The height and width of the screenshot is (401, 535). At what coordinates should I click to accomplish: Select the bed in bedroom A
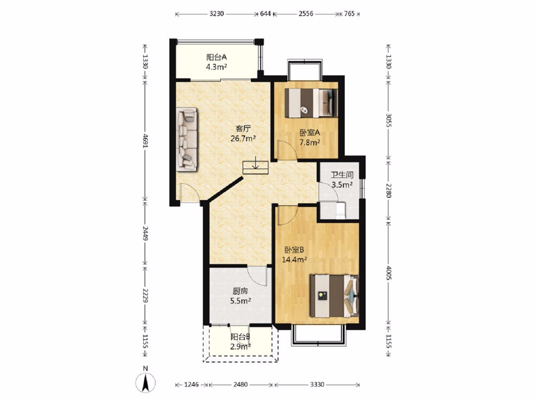(x=311, y=103)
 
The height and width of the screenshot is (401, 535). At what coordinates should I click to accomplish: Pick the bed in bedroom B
(x=334, y=296)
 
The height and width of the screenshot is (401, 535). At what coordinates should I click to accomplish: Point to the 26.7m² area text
(x=243, y=139)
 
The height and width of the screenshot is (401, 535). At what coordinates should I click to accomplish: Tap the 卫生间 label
(x=342, y=175)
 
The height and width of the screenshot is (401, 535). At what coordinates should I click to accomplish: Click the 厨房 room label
(x=240, y=291)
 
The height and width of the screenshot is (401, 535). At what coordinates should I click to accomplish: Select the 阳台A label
(x=217, y=57)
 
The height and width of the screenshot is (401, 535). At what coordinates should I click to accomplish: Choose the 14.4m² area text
(x=295, y=260)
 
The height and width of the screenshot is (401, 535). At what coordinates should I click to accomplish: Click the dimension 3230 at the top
(x=216, y=14)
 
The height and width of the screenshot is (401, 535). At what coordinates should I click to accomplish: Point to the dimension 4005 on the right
(x=389, y=273)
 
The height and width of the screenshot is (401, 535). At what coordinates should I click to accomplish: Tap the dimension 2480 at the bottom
(x=240, y=385)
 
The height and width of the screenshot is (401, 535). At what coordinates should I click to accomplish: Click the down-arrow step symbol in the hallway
(x=255, y=168)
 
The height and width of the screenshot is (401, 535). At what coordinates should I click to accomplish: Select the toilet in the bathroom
(x=340, y=210)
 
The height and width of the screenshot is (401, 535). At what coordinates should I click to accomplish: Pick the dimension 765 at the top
(x=349, y=14)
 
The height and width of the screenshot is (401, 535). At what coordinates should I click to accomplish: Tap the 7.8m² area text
(x=309, y=142)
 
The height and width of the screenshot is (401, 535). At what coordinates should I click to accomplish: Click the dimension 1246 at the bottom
(x=191, y=385)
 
